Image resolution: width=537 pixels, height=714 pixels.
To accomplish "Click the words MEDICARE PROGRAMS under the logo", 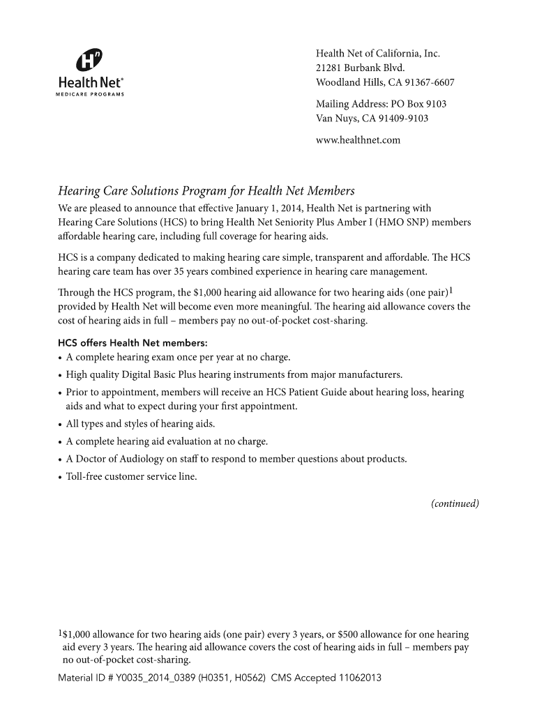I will click(x=90, y=94).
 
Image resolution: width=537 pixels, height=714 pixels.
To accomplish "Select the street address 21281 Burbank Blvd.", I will click(x=360, y=68).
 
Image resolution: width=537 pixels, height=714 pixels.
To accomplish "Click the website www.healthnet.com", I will click(x=358, y=140).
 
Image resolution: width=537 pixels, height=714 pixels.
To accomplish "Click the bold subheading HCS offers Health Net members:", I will click(x=133, y=343).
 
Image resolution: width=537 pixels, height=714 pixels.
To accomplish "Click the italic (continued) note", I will click(x=455, y=503).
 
